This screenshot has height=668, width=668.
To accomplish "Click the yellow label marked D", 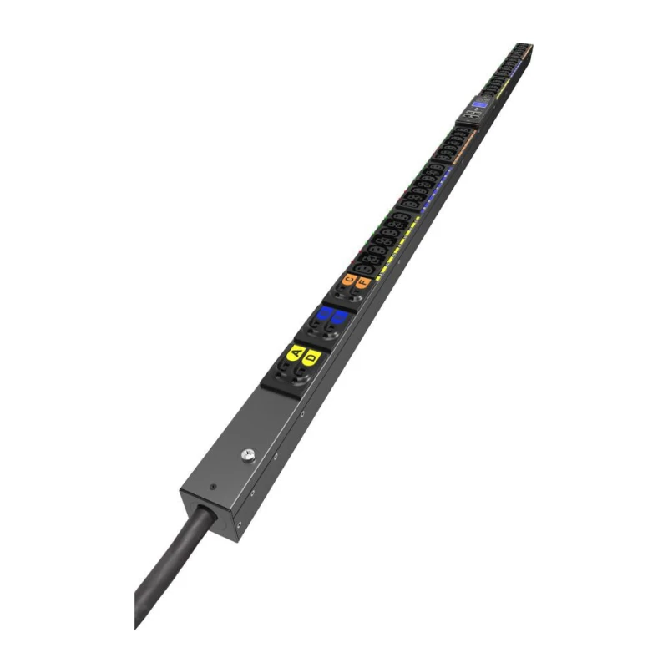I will coord(311,358).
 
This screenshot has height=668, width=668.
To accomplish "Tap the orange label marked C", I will coord(349,278).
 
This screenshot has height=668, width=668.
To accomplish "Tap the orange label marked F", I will coord(362,283).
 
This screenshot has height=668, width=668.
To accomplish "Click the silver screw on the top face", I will coord(247,455).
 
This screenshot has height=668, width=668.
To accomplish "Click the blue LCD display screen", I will coord(479,105).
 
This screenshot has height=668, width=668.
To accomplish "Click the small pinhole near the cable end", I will coord(214,487).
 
